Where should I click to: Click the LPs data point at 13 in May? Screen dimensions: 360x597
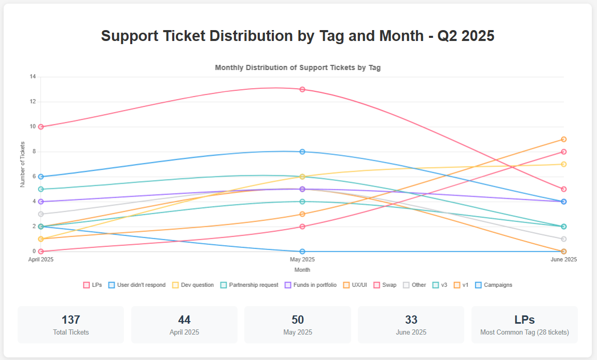pos(302,89)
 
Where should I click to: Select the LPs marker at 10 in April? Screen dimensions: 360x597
pos(40,127)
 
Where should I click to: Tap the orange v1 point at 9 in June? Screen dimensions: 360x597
pos(564,139)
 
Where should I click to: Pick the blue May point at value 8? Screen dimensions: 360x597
pos(302,151)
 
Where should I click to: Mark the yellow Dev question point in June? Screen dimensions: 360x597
pos(564,164)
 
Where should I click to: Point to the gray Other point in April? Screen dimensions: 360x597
pos(40,214)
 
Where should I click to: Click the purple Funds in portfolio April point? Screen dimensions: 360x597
pos(40,201)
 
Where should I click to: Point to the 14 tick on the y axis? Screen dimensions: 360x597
pos(33,77)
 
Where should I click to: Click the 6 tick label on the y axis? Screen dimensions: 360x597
pos(34,176)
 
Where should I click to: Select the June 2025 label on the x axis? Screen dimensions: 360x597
pos(563,259)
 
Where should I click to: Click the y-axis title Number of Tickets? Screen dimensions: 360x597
pos(23,164)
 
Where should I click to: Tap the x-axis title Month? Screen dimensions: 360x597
pos(302,270)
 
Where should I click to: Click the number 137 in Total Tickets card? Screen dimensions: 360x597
pos(71,320)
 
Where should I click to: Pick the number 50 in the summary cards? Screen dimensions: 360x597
pos(298,320)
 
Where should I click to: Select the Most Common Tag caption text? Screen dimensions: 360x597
pos(524,333)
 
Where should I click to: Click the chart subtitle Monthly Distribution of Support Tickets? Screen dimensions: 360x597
pos(298,67)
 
